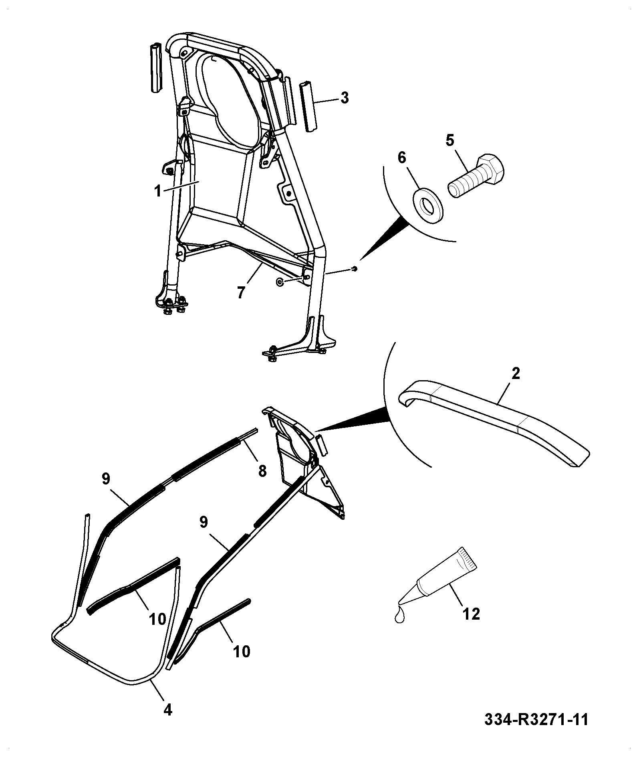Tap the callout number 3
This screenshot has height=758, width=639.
[344, 98]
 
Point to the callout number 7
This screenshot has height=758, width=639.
[241, 292]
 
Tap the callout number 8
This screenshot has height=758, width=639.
[262, 471]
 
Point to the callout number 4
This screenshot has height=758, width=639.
[168, 710]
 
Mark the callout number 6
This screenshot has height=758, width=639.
[401, 157]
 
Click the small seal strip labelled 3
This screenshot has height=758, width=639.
[308, 107]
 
